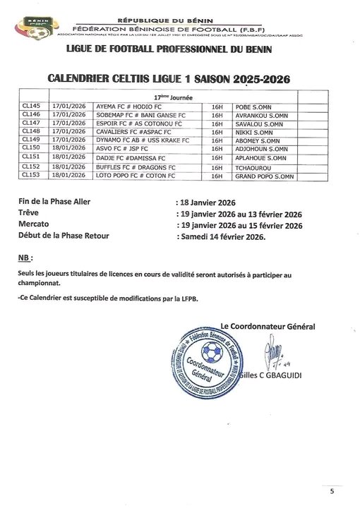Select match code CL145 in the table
31,106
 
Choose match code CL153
31,174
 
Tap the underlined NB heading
25,257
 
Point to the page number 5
332,491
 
